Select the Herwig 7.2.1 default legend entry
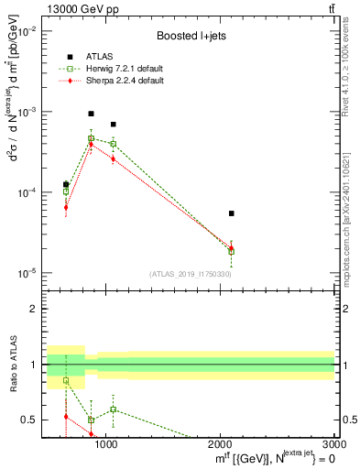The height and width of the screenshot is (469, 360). [x=117, y=69]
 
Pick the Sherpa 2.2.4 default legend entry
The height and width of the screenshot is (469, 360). [x=116, y=82]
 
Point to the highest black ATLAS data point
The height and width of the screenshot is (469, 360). [x=91, y=114]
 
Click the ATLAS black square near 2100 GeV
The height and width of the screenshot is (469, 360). [x=232, y=213]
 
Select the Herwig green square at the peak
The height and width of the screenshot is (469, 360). [x=91, y=138]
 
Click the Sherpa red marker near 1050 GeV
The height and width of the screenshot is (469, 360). [x=113, y=158]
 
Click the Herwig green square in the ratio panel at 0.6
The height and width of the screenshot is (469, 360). [x=113, y=409]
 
